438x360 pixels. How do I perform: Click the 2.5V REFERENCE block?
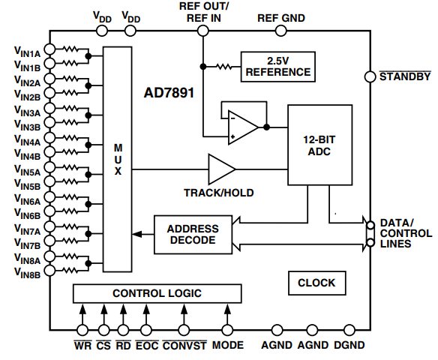click(277, 67)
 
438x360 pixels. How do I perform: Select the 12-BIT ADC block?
click(319, 145)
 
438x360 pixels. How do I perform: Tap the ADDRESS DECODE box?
click(193, 235)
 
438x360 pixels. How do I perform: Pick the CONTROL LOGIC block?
click(157, 293)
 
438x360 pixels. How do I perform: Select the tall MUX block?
click(118, 159)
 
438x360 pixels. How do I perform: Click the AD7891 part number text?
click(169, 94)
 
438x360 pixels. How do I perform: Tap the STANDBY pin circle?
click(369, 76)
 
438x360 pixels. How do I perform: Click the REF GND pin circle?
click(280, 31)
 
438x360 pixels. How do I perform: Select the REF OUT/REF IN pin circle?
click(202, 31)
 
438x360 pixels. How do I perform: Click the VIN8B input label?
click(27, 275)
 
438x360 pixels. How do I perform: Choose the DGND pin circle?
click(348, 330)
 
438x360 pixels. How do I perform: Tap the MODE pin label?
click(228, 346)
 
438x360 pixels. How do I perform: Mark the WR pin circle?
click(82, 330)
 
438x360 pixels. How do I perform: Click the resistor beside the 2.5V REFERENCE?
click(224, 67)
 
